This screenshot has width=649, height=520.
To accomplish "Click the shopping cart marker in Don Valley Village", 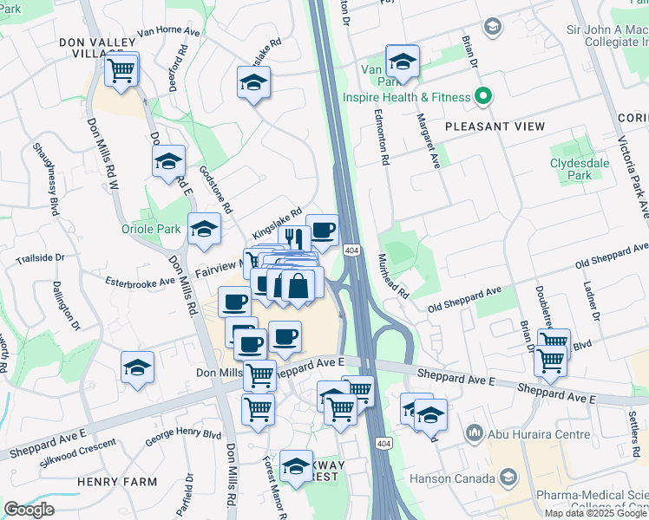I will pos(122,69).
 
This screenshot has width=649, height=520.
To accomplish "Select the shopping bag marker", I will pos(298,286).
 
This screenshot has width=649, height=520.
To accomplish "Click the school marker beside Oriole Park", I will pos(204,230).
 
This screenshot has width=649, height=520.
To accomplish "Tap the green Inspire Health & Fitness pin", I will pos(482,97).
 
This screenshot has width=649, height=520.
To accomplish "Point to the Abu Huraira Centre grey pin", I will pos(474,431).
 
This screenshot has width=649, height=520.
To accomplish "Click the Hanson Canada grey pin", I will pos(508,477).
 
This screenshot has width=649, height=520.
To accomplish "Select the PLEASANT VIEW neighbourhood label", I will pos(495,127).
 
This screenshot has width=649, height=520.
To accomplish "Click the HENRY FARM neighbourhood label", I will pos(116,482).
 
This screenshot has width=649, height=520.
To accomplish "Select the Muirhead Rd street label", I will pos(392,276).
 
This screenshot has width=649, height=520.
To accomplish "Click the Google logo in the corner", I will pos(29,510).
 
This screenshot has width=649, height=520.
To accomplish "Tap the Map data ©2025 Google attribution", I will pos(595,513).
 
